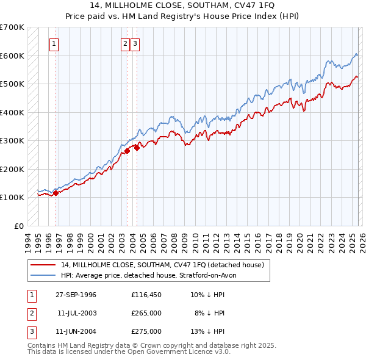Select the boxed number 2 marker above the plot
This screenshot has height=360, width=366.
tap(125, 43)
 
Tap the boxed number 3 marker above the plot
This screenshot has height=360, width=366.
tap(135, 43)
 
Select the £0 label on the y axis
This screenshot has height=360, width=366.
tap(19, 226)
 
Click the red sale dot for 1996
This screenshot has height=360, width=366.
tap(56, 193)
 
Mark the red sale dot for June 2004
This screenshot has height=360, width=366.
tap(137, 148)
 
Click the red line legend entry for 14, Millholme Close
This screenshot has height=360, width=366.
tap(162, 265)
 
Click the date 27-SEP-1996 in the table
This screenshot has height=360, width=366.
tap(76, 295)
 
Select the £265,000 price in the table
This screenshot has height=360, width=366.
tap(146, 313)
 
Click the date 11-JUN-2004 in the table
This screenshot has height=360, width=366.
tap(76, 331)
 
